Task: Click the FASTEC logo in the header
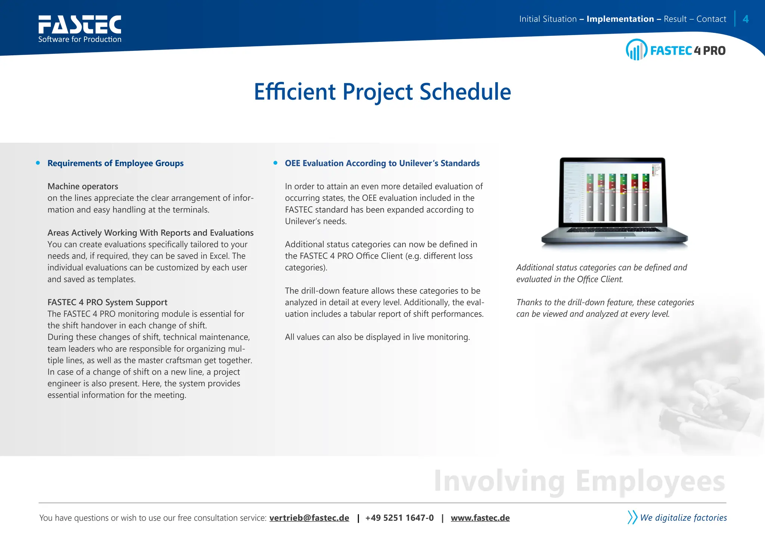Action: click(80, 24)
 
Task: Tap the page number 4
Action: click(746, 19)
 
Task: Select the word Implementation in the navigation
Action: click(620, 19)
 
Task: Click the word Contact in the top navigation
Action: click(711, 19)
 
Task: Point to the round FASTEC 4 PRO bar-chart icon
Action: click(636, 50)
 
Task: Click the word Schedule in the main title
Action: click(465, 92)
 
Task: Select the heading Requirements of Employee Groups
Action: click(115, 163)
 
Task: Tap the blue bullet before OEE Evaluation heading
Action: click(276, 163)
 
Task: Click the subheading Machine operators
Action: click(83, 186)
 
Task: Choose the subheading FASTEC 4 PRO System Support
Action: click(107, 302)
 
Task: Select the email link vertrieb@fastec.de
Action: click(309, 518)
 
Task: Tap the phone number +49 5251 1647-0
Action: click(399, 518)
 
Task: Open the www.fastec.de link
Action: click(480, 518)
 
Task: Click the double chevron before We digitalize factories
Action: click(632, 517)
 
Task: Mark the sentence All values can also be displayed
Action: click(377, 337)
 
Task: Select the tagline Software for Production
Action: click(80, 39)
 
